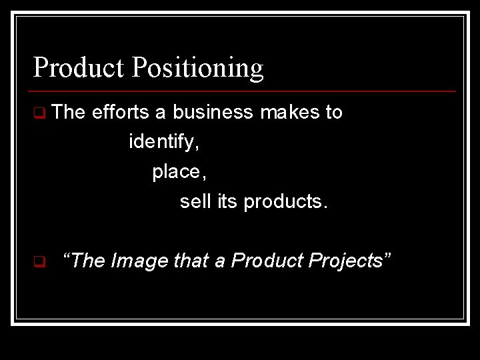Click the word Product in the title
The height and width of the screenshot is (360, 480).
coord(78,67)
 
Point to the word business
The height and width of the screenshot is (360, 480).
coord(213,112)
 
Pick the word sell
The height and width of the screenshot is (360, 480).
coord(195,201)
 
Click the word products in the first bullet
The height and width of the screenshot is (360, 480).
coord(285,202)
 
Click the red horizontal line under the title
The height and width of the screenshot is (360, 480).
coord(244,91)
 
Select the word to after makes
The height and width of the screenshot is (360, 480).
coord(333,112)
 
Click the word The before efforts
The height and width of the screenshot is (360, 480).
coord(68,112)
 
